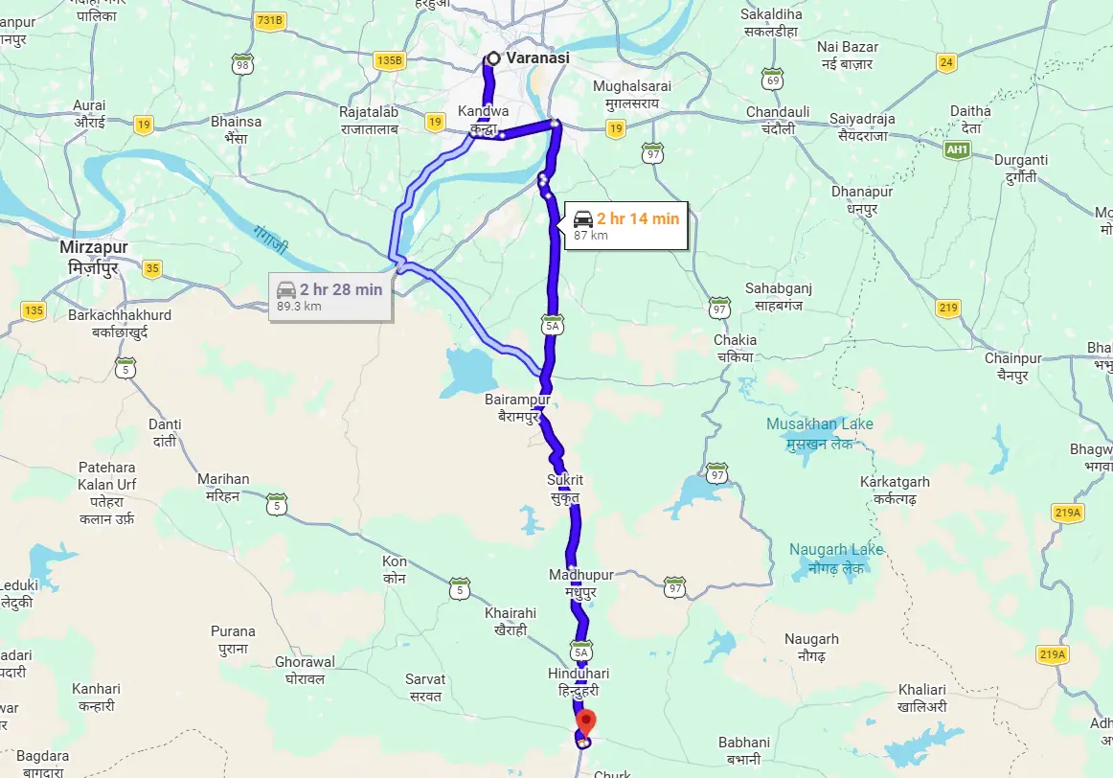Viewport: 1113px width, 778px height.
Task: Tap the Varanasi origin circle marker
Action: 493,58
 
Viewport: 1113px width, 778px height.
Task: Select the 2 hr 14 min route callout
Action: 625,225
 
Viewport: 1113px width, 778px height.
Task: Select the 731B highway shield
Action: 270,20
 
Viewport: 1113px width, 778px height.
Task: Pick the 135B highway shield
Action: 390,60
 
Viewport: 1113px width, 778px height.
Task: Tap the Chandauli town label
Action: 778,120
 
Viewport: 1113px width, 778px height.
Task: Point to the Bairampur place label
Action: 519,407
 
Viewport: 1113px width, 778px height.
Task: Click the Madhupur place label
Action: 581,583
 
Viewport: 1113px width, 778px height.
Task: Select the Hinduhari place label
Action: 579,681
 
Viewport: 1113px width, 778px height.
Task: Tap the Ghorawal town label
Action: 306,670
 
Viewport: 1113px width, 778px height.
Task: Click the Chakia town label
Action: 735,348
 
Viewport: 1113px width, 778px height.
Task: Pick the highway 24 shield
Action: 946,63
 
